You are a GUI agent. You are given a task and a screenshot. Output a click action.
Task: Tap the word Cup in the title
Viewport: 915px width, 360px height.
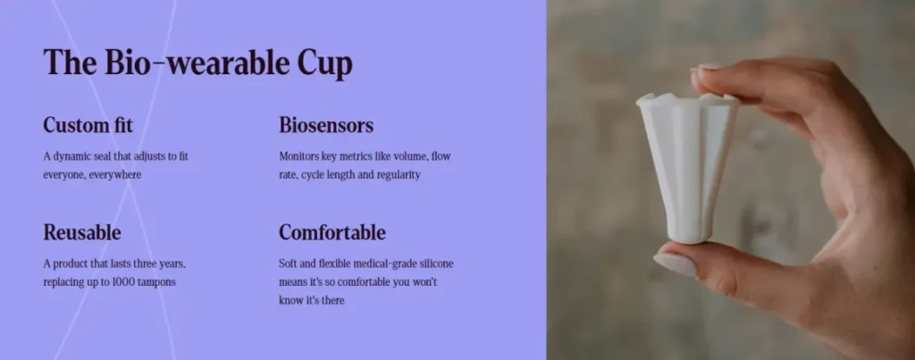[325, 63]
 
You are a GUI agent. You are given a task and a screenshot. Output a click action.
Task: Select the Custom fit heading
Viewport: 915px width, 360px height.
[88, 125]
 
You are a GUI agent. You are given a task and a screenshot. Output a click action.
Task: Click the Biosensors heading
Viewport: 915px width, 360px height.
[326, 125]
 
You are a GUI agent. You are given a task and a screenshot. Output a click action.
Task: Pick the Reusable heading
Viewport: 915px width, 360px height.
[82, 232]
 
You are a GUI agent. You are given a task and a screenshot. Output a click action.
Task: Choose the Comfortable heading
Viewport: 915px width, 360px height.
[332, 232]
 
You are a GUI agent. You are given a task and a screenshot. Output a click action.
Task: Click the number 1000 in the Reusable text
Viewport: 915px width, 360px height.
[125, 281]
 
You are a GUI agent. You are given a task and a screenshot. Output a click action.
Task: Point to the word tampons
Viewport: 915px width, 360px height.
[158, 282]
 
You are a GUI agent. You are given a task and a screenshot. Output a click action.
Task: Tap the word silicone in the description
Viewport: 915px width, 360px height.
[434, 264]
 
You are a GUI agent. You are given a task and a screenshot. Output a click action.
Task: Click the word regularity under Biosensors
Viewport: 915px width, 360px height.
[398, 175]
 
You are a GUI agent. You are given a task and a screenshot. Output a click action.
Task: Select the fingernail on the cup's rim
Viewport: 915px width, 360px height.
[706, 68]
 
